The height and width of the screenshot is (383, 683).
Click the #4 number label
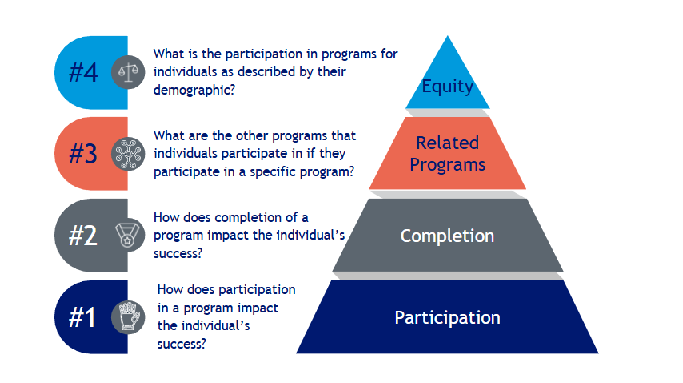[83, 72]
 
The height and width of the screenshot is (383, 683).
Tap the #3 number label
[83, 154]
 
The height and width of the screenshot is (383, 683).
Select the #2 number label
[82, 236]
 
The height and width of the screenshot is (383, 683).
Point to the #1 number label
[82, 317]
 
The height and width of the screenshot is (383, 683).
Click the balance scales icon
[128, 72]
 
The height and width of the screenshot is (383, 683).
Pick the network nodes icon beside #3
[128, 154]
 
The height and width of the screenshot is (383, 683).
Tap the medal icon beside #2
[127, 236]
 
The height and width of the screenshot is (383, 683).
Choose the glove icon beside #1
[128, 317]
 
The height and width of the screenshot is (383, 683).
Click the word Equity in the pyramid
[447, 87]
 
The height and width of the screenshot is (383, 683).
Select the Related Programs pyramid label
[447, 154]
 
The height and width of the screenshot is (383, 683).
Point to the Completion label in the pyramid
[447, 236]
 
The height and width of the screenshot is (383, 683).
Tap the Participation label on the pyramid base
[447, 317]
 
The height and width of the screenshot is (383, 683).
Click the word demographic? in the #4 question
[194, 90]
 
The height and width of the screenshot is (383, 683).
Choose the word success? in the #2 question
[178, 253]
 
